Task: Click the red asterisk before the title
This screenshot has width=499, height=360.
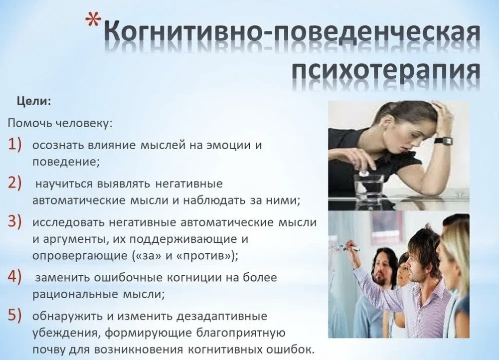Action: (x=93, y=21)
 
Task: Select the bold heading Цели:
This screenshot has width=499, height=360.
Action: (x=34, y=101)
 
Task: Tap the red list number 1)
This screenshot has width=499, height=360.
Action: (x=15, y=144)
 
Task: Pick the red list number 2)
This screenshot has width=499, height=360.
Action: (x=15, y=183)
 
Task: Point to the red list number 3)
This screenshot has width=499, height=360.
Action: (x=15, y=221)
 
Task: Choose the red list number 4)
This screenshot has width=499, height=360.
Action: (x=15, y=277)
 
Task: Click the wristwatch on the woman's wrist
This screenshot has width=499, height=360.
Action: (x=443, y=141)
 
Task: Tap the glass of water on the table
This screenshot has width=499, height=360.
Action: (x=369, y=185)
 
